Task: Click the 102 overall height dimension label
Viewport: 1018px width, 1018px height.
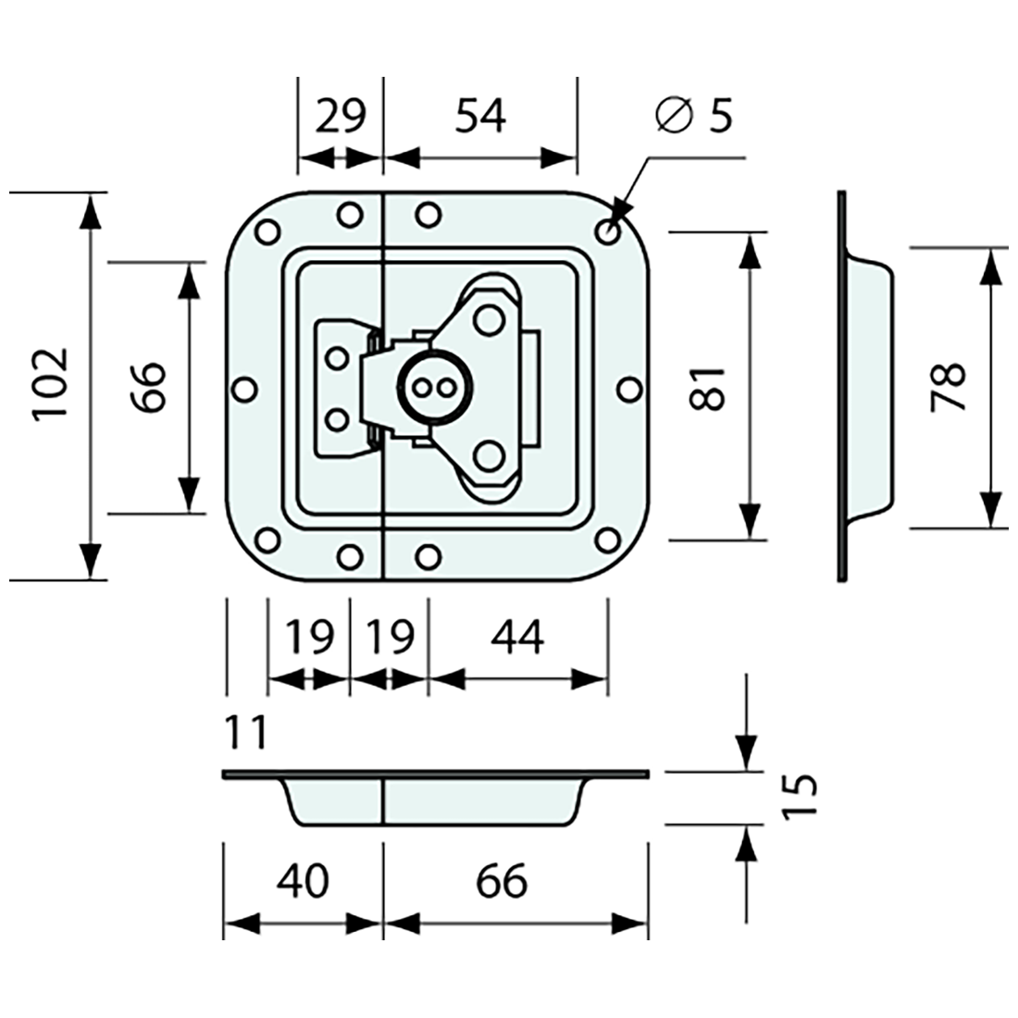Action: coord(50,384)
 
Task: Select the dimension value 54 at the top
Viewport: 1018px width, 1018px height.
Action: coord(481,117)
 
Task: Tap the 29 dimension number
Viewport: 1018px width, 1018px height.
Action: coord(341,117)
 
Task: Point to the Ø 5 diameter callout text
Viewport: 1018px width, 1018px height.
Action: coord(693,116)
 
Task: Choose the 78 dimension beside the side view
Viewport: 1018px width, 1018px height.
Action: coord(949,387)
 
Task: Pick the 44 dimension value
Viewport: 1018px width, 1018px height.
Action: coord(518,638)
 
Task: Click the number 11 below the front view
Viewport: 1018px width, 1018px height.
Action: coord(245,733)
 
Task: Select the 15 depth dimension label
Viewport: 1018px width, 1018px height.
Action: coord(800,796)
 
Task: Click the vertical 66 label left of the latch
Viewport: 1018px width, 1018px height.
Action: coord(147,387)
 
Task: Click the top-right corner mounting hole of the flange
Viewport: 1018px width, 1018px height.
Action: coord(608,233)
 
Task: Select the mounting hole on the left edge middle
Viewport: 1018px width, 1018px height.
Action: coord(244,390)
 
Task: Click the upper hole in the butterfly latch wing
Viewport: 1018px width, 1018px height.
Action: coord(487,320)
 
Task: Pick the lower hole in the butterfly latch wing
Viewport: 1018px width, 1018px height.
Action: coord(488,455)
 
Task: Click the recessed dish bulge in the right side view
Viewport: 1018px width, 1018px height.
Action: coord(875,387)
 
